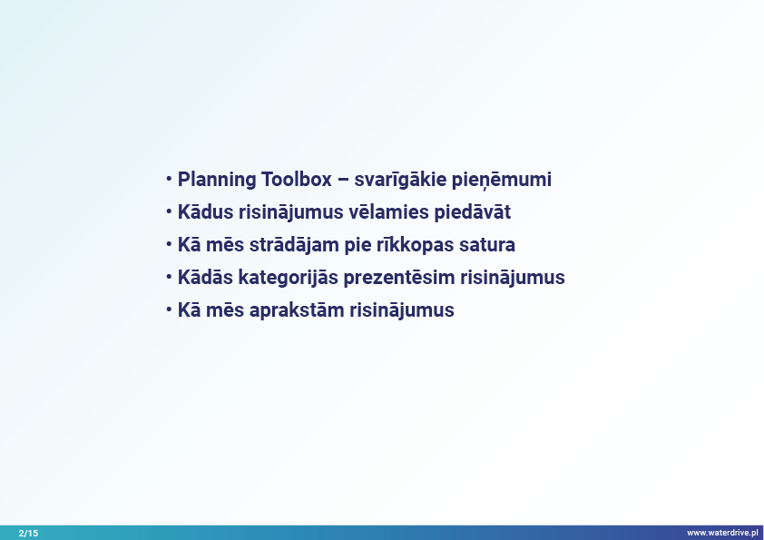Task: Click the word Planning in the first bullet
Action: (x=217, y=180)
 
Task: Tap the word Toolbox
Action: (x=297, y=180)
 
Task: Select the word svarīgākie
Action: (x=400, y=180)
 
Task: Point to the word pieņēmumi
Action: (x=502, y=181)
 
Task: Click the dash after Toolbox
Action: (x=343, y=181)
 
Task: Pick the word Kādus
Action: (x=206, y=212)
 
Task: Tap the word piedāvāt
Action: (x=473, y=212)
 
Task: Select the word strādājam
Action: (x=294, y=245)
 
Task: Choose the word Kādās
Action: (x=206, y=278)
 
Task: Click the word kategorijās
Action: (x=288, y=278)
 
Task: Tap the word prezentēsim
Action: (x=399, y=278)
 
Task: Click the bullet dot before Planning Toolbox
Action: (x=169, y=179)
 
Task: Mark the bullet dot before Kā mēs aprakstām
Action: (x=169, y=309)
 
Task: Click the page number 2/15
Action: (x=28, y=533)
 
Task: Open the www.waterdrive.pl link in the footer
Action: (x=722, y=533)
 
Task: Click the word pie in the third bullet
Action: (x=358, y=245)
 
